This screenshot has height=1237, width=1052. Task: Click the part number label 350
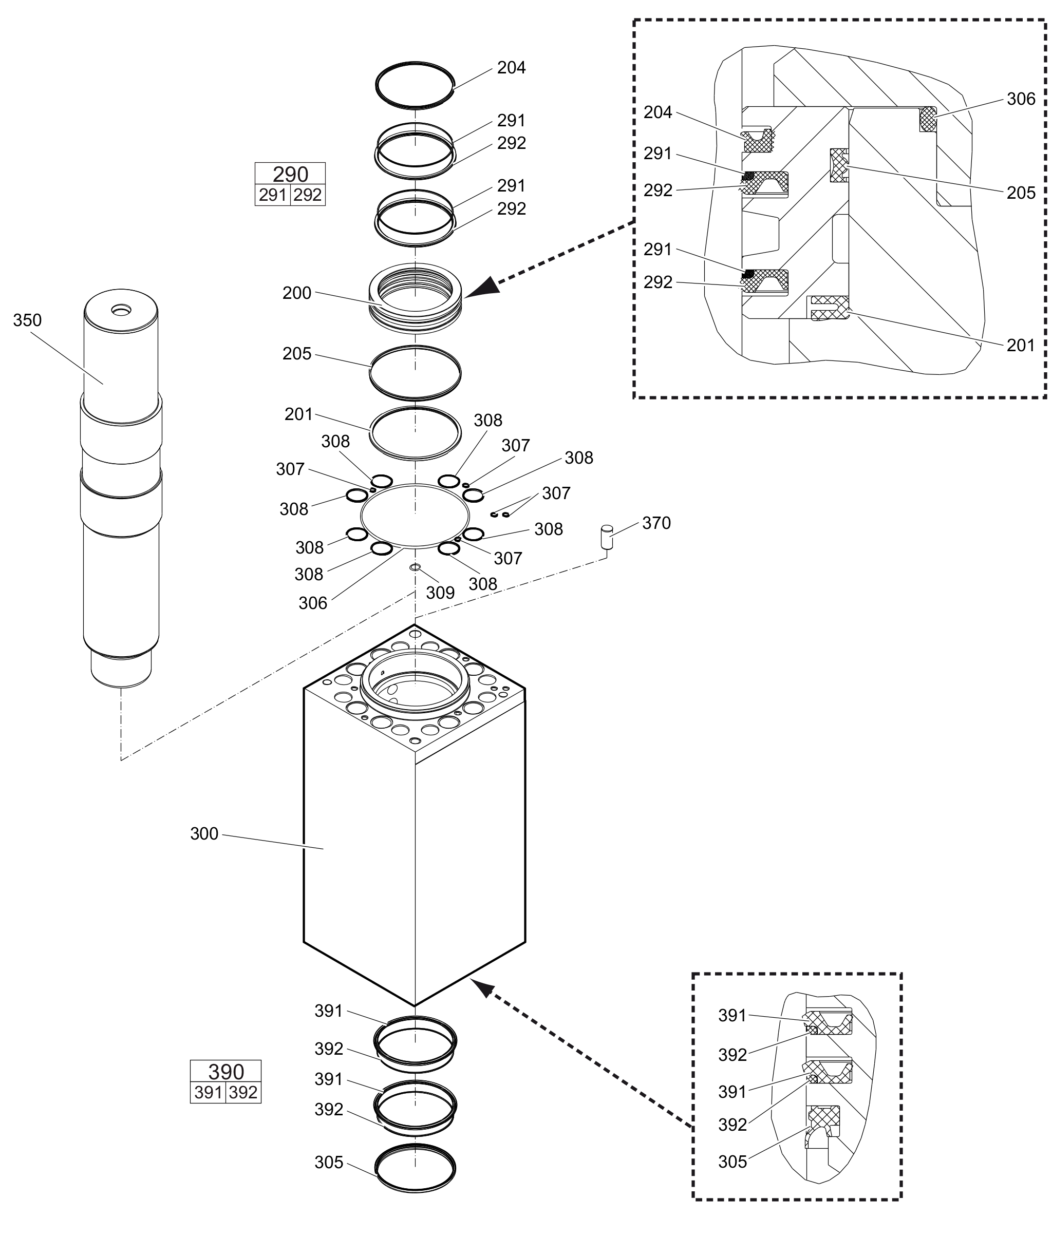[27, 321]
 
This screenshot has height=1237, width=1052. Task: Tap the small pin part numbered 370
[607, 536]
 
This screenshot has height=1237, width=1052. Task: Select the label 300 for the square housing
[204, 833]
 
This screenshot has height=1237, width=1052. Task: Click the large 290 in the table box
[290, 174]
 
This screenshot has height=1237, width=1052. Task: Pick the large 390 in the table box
[226, 1072]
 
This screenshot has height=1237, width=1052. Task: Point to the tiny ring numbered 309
[415, 566]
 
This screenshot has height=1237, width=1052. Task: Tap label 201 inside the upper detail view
[1020, 345]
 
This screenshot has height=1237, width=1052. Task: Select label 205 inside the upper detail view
[1020, 193]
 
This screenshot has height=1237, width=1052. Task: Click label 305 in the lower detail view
[732, 1162]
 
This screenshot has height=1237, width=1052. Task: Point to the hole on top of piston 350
[122, 310]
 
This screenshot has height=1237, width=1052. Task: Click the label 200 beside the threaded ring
[297, 293]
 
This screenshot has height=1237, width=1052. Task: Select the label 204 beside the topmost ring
[511, 68]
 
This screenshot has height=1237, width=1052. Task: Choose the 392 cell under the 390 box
[243, 1093]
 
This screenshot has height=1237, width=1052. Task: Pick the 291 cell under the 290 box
[273, 195]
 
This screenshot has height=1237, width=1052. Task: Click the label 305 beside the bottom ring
[329, 1163]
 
